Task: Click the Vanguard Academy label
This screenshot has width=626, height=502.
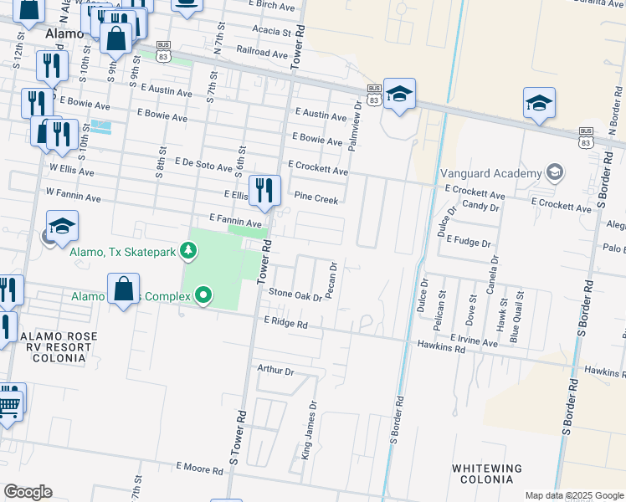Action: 491,173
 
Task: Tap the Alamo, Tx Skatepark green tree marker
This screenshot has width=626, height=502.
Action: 190,249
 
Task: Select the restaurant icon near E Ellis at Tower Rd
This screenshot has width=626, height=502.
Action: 264,190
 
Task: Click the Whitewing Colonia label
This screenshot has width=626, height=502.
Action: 487,474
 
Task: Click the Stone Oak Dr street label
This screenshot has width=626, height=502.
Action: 295,294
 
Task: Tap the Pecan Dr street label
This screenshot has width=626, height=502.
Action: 333,279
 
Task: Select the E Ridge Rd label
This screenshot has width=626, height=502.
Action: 285,322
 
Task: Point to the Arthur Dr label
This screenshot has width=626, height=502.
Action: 276,369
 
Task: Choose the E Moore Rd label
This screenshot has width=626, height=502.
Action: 199,469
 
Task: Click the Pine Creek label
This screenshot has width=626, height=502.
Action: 316,199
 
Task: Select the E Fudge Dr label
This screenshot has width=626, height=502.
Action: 469,241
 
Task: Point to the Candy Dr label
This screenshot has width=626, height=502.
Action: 480,205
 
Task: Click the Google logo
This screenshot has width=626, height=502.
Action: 28,492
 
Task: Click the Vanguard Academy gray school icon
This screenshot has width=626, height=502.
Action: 553,172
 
